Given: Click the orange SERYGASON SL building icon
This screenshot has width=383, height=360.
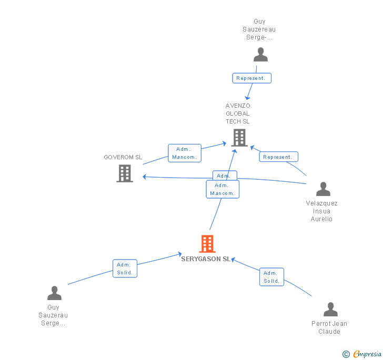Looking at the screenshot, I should point(207,244).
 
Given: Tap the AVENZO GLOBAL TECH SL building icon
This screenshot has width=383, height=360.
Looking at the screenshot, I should point(239,137).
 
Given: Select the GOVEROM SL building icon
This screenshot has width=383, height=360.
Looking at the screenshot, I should point(125,173).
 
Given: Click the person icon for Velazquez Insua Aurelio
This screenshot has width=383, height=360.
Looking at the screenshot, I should point(323,189).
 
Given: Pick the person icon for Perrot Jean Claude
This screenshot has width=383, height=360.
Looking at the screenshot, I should point(330,310).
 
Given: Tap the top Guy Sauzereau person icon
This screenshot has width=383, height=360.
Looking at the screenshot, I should point(260,55).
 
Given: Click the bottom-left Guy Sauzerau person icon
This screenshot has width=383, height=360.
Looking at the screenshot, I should point(54,293).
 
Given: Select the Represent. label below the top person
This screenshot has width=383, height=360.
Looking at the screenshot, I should point(252,78).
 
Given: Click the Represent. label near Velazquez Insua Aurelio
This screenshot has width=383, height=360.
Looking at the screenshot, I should point(279,157).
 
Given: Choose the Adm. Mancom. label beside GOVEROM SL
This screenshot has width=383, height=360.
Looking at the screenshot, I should point(185,153).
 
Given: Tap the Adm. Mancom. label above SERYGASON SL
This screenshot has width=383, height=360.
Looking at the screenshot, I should point(223,189).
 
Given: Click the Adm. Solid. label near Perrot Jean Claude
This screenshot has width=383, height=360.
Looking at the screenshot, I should point(271,277).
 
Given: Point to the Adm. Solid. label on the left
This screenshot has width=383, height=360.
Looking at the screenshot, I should point(125,269).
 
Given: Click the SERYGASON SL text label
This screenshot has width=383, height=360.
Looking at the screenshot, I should point(206,259).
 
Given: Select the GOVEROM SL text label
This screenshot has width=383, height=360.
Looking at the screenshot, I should point(123,157).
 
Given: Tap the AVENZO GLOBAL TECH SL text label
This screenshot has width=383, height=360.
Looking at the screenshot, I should point(238,114).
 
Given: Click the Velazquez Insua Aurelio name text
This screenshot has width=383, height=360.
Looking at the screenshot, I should point(321,211).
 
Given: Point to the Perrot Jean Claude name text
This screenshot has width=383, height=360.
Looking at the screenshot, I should point(329,327).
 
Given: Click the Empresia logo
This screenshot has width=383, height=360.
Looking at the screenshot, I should point(362,354).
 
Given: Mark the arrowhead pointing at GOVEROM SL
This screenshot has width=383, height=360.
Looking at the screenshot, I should point(145,177).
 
